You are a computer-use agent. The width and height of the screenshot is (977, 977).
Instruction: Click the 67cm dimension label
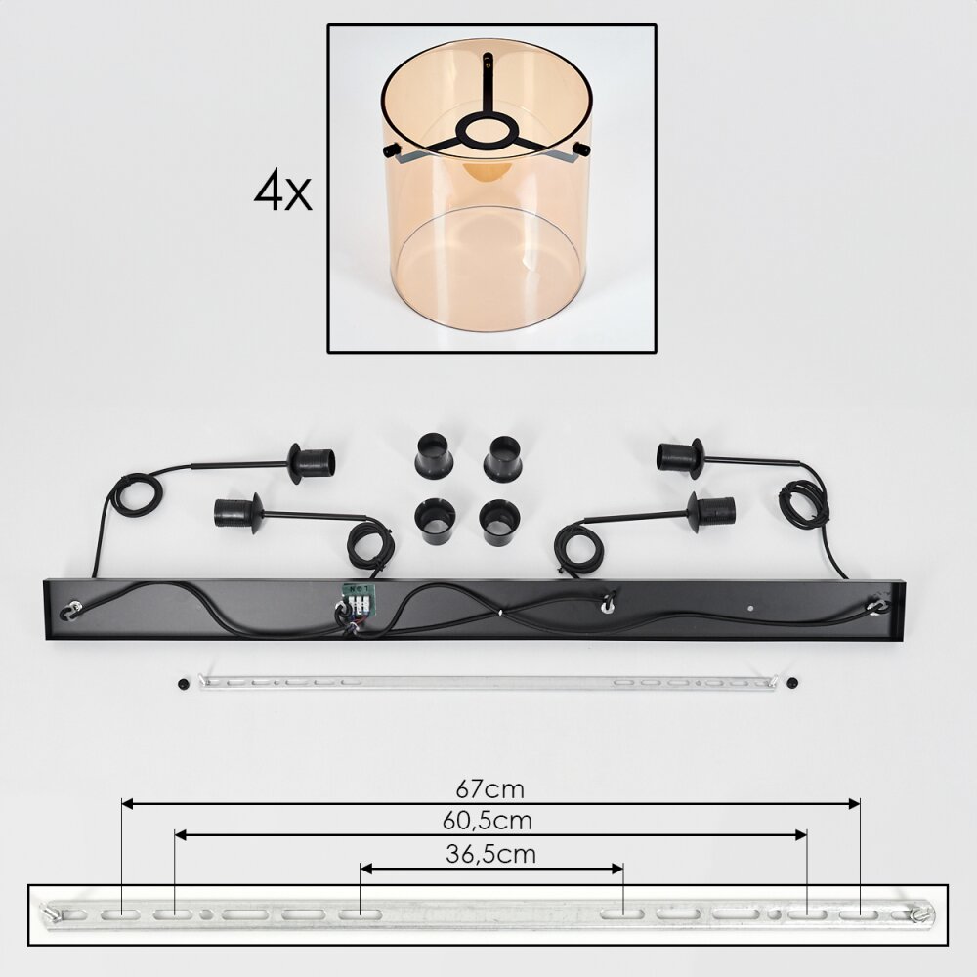pos(489,789)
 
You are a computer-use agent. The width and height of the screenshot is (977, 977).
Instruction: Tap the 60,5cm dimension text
pos(488,821)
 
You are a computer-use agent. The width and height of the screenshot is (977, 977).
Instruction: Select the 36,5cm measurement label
pos(491,854)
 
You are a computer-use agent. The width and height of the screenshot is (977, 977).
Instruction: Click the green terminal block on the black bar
pos(357,598)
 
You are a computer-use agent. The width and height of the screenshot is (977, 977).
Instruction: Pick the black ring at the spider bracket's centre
pos(487,132)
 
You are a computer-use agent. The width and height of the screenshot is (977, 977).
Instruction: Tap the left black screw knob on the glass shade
pos(393,150)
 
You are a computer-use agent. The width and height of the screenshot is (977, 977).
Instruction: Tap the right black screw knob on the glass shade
pos(582,149)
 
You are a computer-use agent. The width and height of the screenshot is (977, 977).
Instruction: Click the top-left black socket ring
pos(434,454)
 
